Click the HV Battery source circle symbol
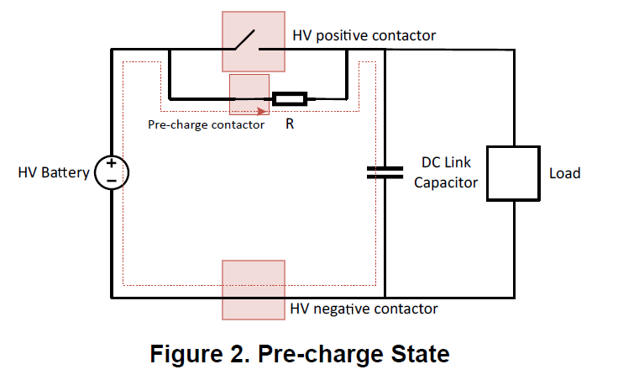point(111,172)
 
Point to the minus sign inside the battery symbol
point(111,181)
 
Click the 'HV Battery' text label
point(54,173)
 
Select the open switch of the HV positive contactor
point(246,40)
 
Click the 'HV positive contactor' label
point(364,35)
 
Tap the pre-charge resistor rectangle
point(290,98)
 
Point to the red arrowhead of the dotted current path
point(263,110)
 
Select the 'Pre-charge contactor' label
point(206,124)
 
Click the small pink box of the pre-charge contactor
point(249,93)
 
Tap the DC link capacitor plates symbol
point(385,172)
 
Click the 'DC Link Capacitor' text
point(446,172)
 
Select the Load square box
point(512,173)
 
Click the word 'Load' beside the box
point(564,173)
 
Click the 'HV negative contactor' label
point(364,309)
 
